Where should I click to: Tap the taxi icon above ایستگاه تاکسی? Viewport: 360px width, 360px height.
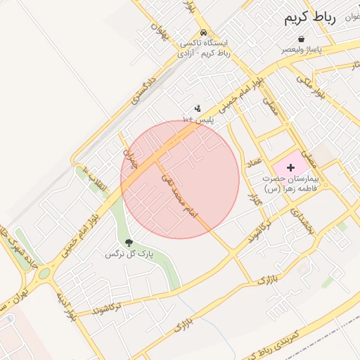(x=203, y=32)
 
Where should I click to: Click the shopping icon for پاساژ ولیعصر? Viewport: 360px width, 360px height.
(x=301, y=39)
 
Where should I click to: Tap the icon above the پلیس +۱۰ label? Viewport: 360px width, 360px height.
(x=198, y=108)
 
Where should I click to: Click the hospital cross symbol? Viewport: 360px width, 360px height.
(x=291, y=167)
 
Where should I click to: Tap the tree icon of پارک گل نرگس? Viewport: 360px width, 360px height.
(x=128, y=243)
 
